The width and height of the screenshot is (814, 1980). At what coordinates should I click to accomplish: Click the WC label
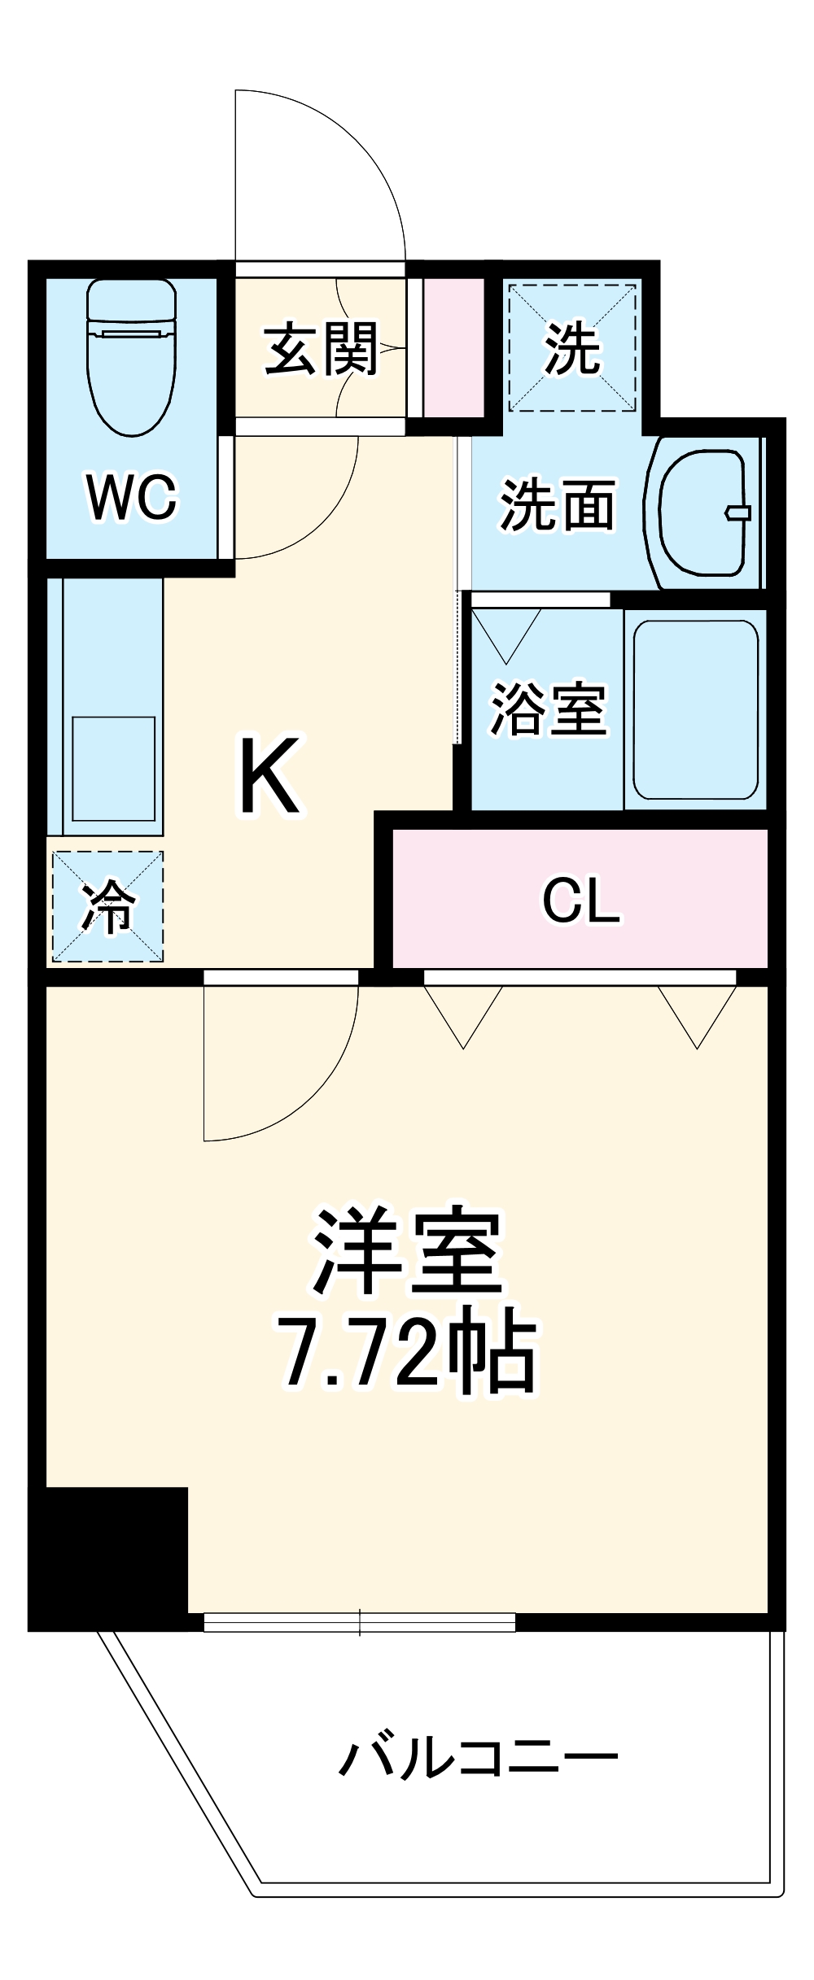[x=131, y=497]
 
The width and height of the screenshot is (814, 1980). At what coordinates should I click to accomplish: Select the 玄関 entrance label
[x=321, y=350]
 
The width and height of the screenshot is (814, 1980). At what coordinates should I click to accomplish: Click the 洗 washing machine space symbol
[x=572, y=347]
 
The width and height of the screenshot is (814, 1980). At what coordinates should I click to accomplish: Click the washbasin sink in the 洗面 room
[x=701, y=512]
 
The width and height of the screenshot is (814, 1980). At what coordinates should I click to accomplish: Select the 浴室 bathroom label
[x=548, y=709]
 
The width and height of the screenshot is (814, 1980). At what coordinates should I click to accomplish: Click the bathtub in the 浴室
[x=696, y=709]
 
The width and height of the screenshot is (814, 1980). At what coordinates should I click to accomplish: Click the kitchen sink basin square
[x=113, y=768]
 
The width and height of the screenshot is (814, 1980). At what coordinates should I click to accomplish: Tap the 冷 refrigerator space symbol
[x=108, y=906]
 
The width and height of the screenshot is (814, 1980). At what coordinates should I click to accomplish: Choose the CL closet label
[x=581, y=900]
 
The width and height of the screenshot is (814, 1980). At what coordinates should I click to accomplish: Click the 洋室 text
[x=407, y=1254]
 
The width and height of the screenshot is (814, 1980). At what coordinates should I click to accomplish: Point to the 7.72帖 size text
[x=407, y=1352]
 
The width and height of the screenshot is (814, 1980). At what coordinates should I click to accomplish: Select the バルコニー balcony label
[x=479, y=1759]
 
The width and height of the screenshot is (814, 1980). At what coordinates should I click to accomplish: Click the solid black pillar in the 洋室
[x=108, y=1557]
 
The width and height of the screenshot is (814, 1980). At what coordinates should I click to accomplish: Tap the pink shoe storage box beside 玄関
[x=453, y=347]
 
